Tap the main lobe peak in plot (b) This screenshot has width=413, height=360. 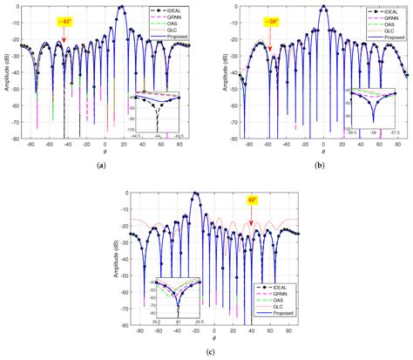tap(324, 7)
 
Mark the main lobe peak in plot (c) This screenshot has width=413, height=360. tap(196, 193)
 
